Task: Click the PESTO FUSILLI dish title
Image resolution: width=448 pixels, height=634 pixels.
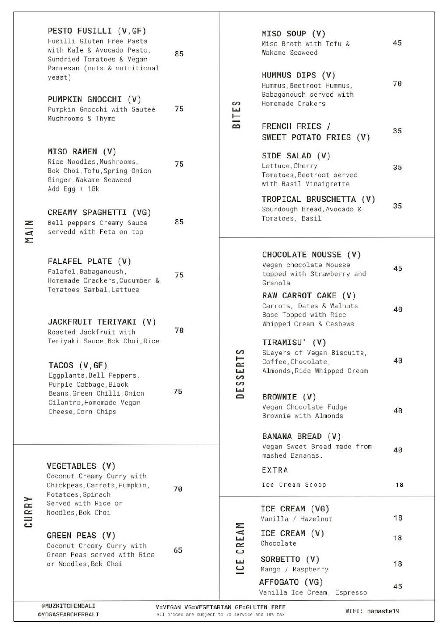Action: click(x=97, y=31)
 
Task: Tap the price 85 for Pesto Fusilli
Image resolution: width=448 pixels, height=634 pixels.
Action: click(x=179, y=54)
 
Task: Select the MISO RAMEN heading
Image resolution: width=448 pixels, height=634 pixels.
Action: click(x=82, y=152)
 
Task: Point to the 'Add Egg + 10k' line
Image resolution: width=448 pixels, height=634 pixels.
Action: click(x=73, y=189)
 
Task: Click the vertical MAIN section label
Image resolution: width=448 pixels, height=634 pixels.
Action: click(x=29, y=231)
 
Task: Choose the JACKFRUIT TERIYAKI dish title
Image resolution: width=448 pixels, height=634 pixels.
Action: click(x=101, y=322)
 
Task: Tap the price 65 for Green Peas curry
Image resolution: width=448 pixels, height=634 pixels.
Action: click(x=178, y=550)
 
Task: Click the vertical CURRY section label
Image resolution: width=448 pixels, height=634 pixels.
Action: click(x=29, y=512)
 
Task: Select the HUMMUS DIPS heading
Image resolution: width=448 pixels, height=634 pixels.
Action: click(x=298, y=75)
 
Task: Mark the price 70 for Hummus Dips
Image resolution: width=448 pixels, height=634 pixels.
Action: click(x=397, y=84)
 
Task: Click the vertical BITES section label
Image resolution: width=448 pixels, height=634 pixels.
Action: click(x=237, y=115)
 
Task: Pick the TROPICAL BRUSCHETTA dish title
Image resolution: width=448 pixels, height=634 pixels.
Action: click(x=318, y=200)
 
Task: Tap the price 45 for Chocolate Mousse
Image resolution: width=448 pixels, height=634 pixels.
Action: click(x=397, y=269)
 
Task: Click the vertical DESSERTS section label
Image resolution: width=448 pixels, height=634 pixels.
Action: click(x=240, y=374)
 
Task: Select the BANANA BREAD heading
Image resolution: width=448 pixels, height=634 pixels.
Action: click(x=301, y=436)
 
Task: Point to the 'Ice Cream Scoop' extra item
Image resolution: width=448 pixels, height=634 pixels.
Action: click(x=294, y=485)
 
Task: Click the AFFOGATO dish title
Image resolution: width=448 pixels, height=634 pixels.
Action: click(x=291, y=582)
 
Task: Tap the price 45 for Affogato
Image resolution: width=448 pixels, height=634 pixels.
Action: click(x=397, y=586)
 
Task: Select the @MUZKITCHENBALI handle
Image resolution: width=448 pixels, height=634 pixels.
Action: click(x=68, y=606)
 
